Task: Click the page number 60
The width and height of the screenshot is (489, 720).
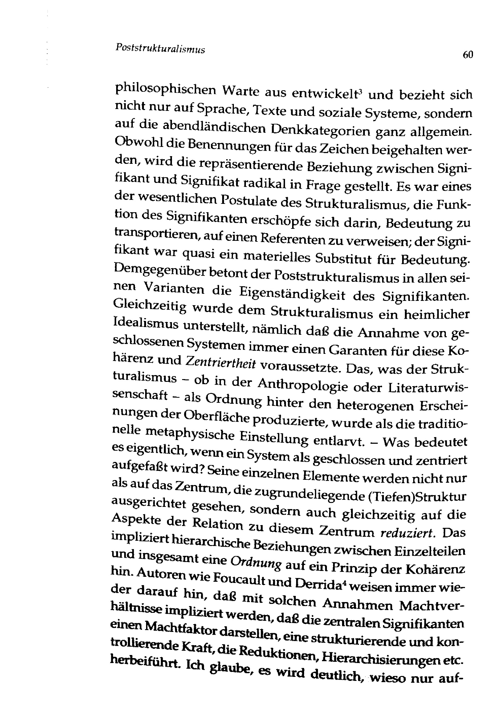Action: point(468,55)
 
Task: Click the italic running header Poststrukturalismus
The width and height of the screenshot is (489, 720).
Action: point(160,49)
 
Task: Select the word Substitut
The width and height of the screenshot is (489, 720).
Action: point(343,258)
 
